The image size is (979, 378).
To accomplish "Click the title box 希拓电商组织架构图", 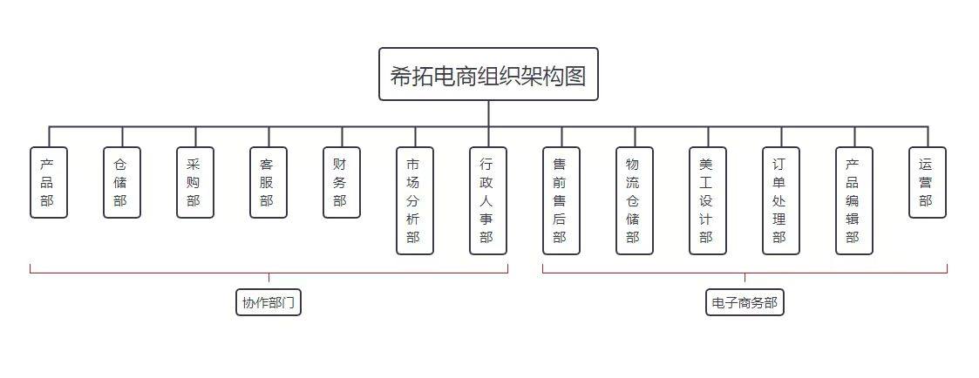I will point(488,74).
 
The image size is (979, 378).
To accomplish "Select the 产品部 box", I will point(49,182).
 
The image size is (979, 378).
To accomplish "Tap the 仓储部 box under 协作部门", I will point(122,182).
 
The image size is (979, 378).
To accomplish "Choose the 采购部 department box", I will point(195,182).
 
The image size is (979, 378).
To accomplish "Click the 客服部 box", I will point(269,182).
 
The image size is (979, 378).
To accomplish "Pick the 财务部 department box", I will point(342,182).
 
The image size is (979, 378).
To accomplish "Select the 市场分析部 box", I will point(415,200).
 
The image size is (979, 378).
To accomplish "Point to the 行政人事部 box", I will point(488,200).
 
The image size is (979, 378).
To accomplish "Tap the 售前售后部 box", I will point(561,200).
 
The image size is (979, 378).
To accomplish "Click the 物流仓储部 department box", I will point(635,200).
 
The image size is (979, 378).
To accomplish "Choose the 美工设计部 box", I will point(708,200).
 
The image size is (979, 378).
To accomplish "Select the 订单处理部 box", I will point(781,200).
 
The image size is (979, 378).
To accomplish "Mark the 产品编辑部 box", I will point(854,200).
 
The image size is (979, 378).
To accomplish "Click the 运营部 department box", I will point(928,182).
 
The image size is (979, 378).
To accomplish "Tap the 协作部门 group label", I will point(269,302).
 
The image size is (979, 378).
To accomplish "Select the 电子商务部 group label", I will point(744,302).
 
